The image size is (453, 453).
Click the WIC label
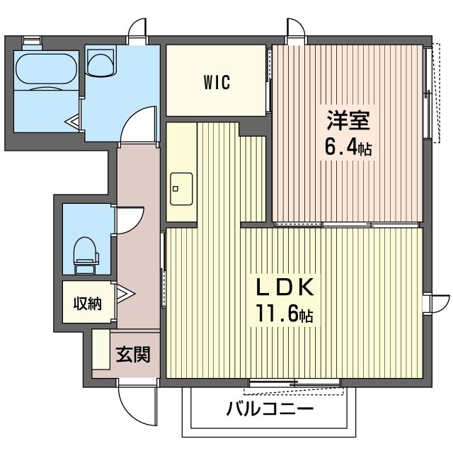pyautogui.click(x=217, y=82)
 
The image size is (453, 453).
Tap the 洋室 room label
pyautogui.click(x=348, y=120)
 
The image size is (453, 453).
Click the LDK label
pyautogui.click(x=285, y=287)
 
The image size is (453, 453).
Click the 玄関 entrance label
pyautogui.click(x=133, y=354)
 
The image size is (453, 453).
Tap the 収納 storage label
pyautogui.click(x=88, y=304)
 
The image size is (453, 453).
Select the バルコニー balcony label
pyautogui.click(x=270, y=408)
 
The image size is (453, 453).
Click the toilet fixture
pyautogui.click(x=86, y=256)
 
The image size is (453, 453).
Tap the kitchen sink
pyautogui.click(x=181, y=189)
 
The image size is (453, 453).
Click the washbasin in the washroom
pyautogui.click(x=101, y=62)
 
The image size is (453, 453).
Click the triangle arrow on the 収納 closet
pyautogui.click(x=125, y=294)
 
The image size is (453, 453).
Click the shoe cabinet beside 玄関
pyautogui.click(x=101, y=349)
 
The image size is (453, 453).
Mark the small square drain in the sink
pyautogui.click(x=176, y=189)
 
